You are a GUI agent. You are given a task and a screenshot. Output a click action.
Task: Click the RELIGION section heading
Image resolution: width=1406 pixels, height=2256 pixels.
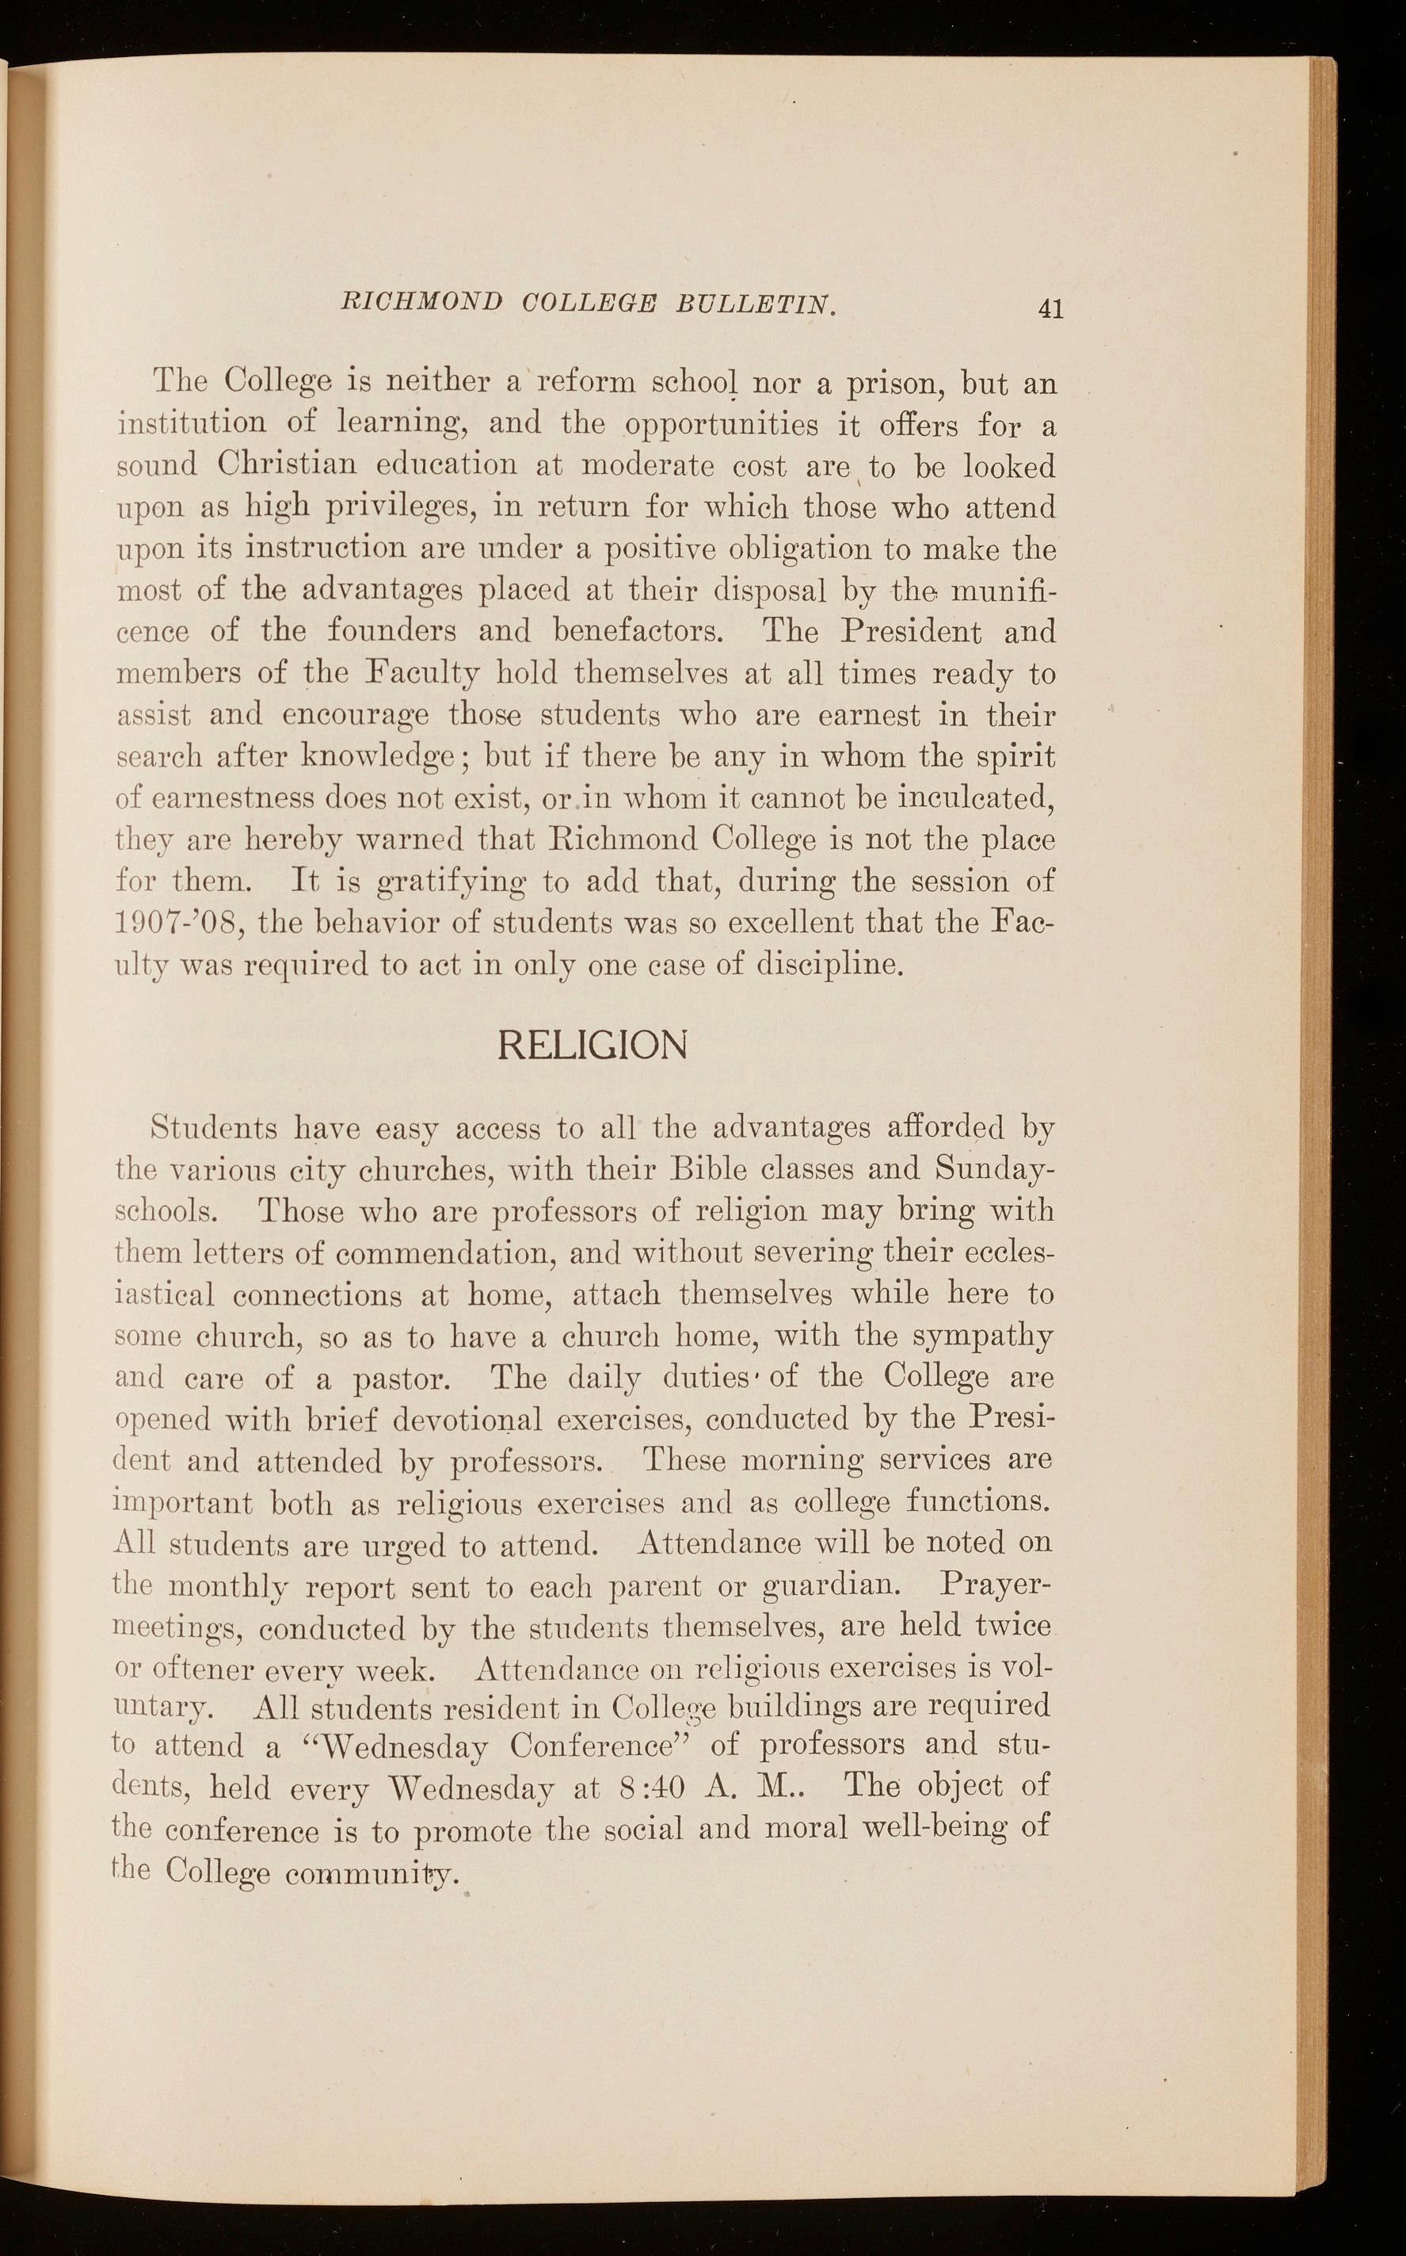[x=593, y=1045]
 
